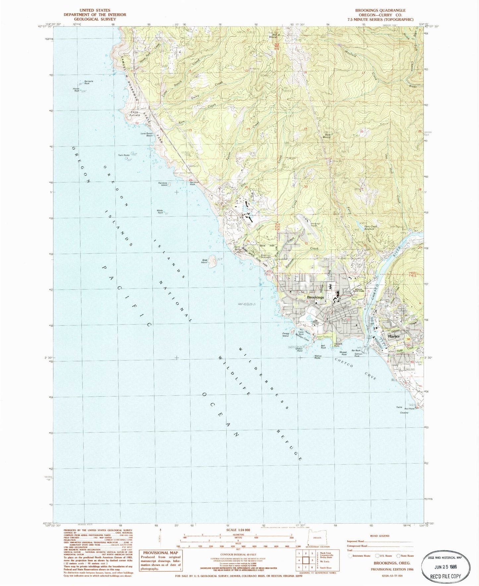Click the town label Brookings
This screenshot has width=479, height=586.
(315, 297)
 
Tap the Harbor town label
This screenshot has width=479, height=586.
(394, 336)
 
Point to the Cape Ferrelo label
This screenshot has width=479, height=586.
(134, 114)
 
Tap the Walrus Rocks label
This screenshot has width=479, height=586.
(317, 357)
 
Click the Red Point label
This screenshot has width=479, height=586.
(409, 409)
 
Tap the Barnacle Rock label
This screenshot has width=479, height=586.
(89, 82)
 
